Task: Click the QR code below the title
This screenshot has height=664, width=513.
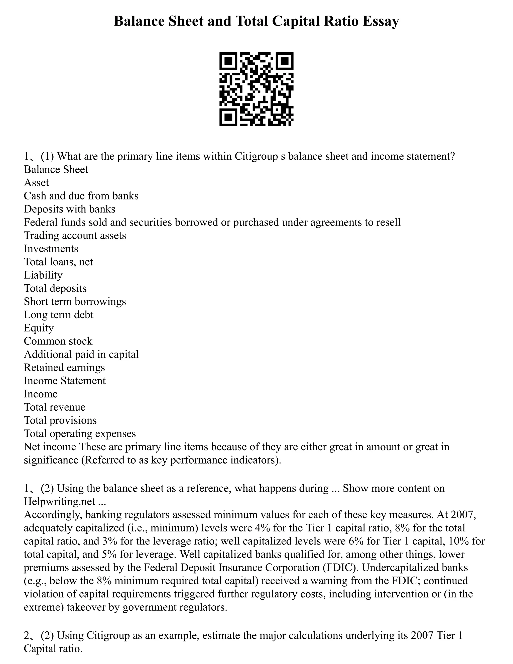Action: tap(256, 89)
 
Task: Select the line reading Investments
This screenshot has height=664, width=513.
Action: tap(51, 249)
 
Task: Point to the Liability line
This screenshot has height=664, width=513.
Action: tap(43, 275)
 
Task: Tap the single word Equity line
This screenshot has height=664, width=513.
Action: tap(39, 328)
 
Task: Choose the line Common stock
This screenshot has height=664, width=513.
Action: tap(58, 341)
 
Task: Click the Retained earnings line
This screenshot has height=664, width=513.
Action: tap(64, 368)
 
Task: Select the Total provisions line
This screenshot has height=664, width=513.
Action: tap(60, 420)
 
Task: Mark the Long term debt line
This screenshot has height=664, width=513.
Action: tap(59, 315)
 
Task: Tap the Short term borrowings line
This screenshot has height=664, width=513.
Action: tap(75, 302)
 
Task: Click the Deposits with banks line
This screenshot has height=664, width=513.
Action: tap(70, 209)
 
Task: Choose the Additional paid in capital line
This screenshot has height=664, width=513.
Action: tap(81, 355)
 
